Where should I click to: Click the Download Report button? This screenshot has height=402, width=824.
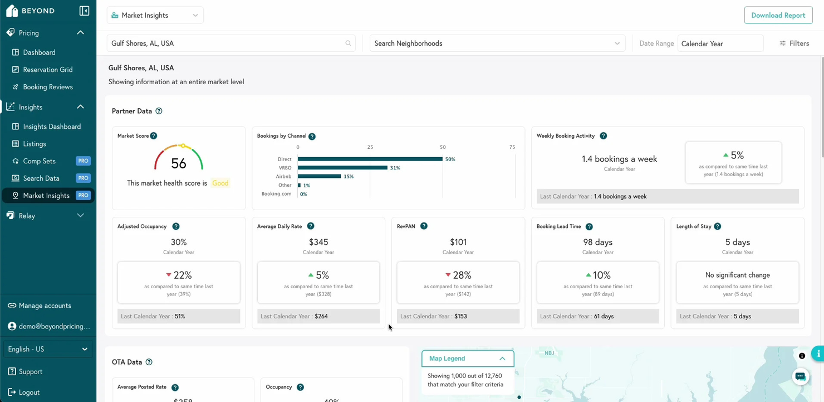(778, 15)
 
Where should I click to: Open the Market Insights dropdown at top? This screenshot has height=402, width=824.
(155, 15)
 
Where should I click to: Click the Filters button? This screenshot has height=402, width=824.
(794, 43)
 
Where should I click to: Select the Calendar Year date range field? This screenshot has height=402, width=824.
(720, 43)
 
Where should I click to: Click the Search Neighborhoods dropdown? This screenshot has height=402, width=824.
(497, 43)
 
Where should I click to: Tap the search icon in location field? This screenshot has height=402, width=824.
(348, 43)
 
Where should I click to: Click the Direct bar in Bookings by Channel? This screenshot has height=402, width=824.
(370, 159)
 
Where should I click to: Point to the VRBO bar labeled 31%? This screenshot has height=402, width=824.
(342, 167)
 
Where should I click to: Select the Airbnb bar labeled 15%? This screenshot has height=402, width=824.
(319, 176)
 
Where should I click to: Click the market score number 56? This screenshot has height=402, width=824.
(179, 163)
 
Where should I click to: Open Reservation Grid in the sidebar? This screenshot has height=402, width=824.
(47, 70)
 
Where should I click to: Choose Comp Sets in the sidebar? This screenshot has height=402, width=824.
(39, 161)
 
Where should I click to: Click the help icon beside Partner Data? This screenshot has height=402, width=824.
(159, 111)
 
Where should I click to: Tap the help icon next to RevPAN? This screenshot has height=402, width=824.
(424, 226)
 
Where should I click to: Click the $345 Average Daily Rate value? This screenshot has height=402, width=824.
(318, 242)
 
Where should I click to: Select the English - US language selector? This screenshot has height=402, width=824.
(47, 349)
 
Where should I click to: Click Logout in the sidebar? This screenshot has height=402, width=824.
(29, 392)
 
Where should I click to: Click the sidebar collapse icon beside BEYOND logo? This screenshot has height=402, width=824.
(84, 11)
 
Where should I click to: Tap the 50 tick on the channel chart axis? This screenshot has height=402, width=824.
(443, 147)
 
